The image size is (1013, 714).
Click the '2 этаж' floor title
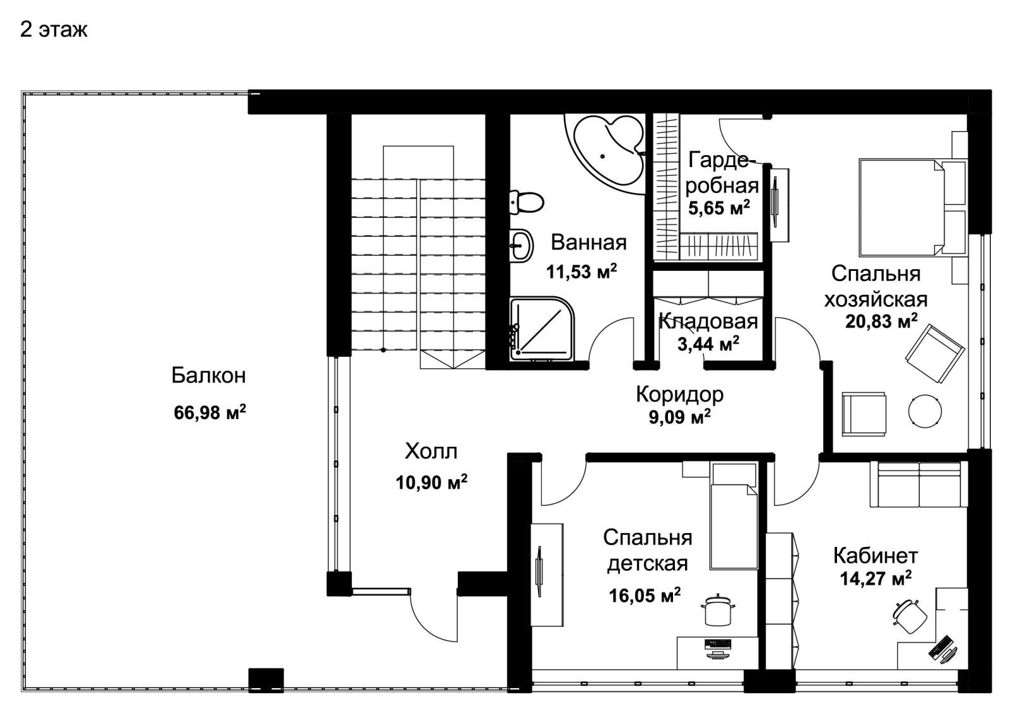pos(53,30)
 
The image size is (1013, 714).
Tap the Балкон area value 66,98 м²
pos(210,412)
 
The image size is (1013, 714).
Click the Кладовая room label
pos(708,322)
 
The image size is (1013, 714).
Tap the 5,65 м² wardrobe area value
pos(719,208)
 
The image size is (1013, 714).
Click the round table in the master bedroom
pos(925,411)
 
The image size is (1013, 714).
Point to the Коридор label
pos(680,394)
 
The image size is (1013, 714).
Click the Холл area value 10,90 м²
pos(431,482)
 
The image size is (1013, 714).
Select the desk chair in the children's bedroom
pos(718,610)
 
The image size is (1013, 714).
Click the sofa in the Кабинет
pos(919,484)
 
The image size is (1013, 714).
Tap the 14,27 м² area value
pos(876,579)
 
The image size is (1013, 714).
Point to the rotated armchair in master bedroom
pos(934,354)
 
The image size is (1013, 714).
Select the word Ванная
pos(589,243)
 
